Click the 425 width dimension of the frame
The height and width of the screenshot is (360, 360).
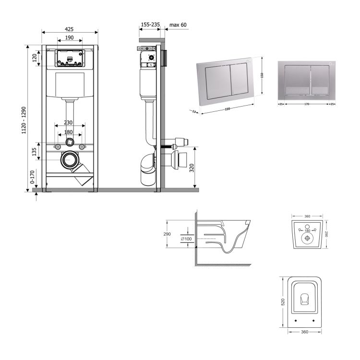(70, 28)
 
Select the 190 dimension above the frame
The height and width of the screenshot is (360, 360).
(70, 37)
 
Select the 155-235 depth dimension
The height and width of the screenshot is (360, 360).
(151, 24)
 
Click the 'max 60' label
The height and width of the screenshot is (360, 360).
(178, 24)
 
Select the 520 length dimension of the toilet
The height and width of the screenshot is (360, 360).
(283, 302)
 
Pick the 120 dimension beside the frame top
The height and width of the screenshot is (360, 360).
(35, 58)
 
